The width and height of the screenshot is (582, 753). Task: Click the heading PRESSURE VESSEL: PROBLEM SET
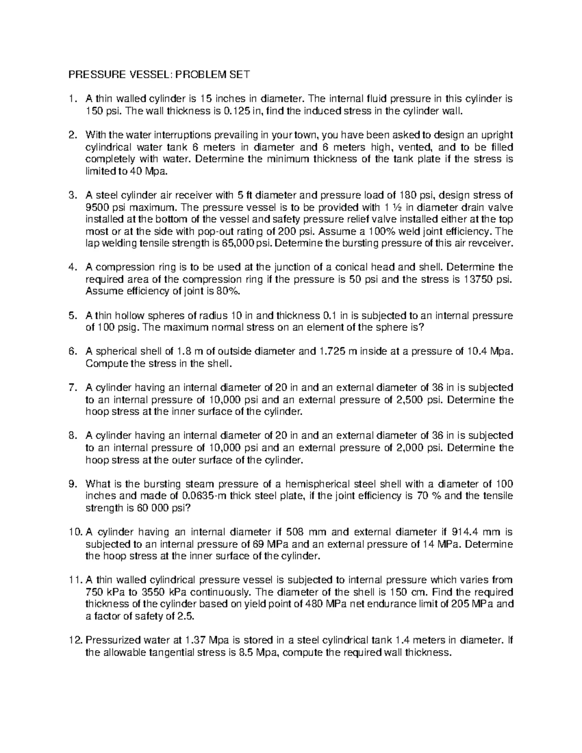[x=159, y=75]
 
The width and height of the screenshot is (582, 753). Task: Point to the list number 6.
[x=72, y=352]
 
